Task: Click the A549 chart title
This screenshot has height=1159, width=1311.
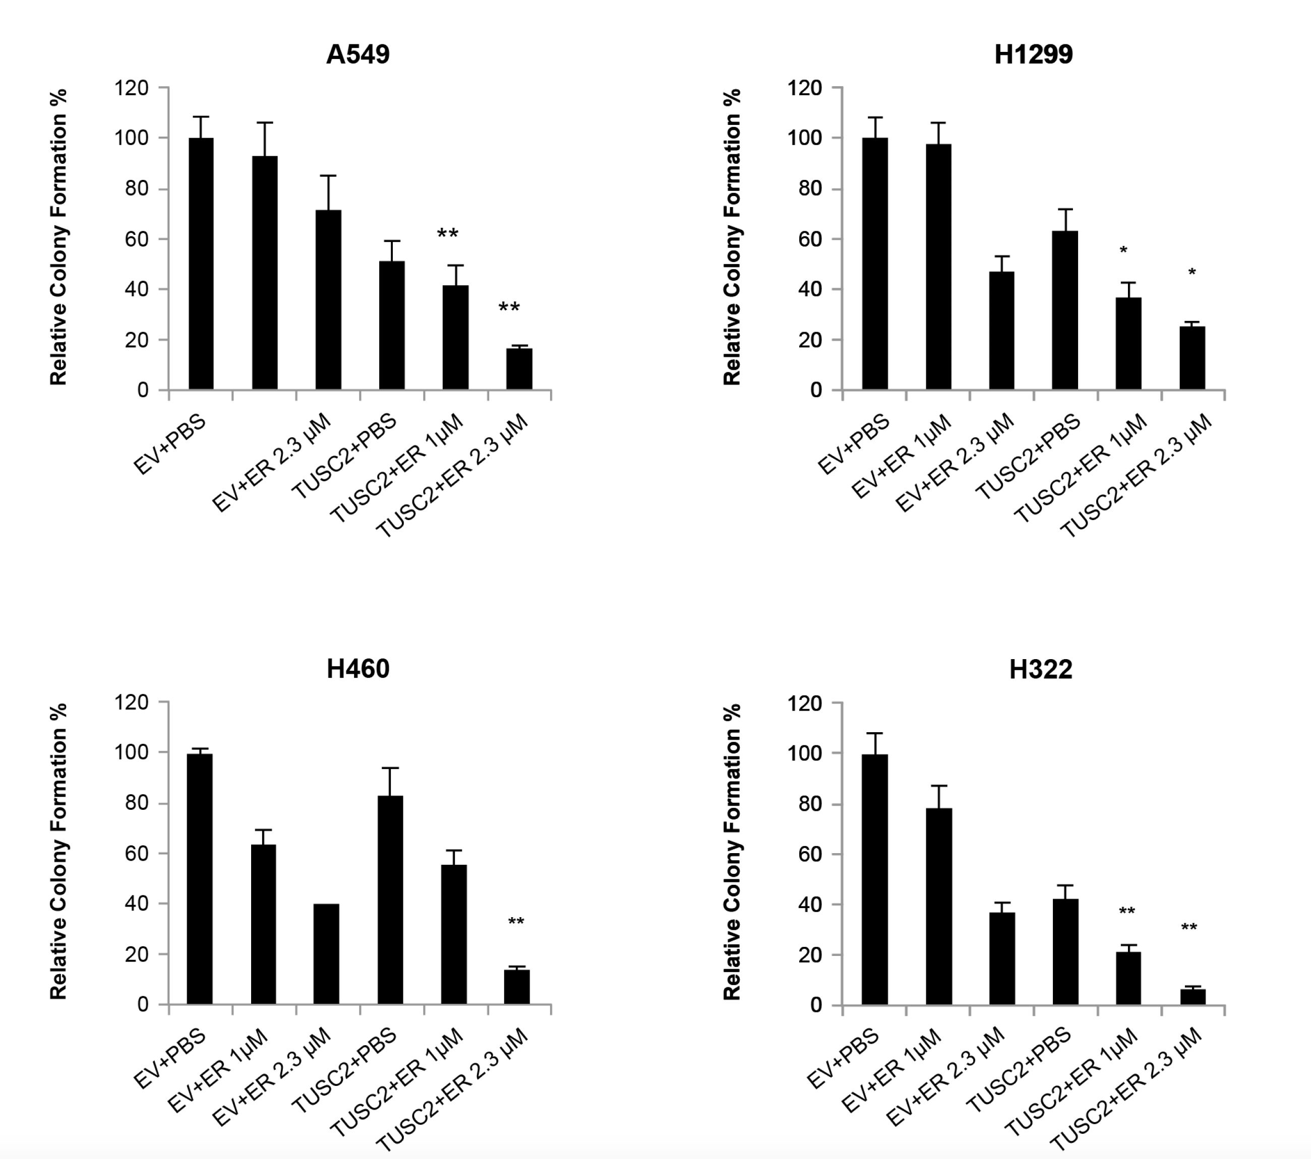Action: coord(357,54)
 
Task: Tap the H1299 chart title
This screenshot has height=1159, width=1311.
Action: coord(1033,54)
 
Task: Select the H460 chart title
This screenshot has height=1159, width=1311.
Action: coord(357,669)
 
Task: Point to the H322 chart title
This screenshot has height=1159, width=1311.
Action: coord(1040,669)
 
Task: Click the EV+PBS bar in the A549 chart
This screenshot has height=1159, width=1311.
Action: coord(201,263)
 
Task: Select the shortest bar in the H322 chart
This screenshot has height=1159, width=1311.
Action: coord(1193,997)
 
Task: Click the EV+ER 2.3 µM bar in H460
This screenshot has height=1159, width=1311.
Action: coord(326,954)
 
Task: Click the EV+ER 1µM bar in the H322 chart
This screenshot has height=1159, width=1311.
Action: coord(938,906)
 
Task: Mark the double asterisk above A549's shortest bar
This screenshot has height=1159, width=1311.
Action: coord(509,308)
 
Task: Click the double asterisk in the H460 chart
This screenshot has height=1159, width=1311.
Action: coord(516,922)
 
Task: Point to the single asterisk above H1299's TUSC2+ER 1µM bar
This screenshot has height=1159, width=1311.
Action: coord(1123,250)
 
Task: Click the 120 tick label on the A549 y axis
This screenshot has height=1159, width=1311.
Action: coord(132,88)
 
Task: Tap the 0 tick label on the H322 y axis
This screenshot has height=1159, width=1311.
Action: coord(816,1004)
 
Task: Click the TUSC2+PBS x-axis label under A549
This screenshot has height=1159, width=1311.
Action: coord(344,457)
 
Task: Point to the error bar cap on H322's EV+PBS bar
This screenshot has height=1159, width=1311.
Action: coord(874,733)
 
